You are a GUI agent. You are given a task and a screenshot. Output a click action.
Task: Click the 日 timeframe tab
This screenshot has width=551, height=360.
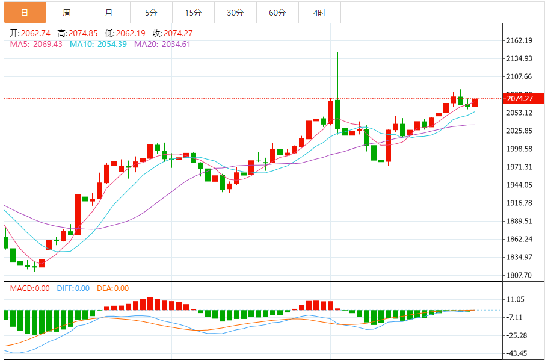tap(24, 12)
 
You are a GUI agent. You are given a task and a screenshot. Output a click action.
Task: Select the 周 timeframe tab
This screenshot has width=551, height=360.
tap(66, 12)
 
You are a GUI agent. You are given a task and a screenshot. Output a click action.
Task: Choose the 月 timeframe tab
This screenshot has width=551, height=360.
tap(108, 12)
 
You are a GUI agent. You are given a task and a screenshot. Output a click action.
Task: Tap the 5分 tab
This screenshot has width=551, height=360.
tap(150, 12)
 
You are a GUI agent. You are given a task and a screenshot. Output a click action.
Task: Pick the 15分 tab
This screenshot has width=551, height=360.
tap(193, 12)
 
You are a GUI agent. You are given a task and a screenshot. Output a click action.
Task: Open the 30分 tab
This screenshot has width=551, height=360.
tap(235, 12)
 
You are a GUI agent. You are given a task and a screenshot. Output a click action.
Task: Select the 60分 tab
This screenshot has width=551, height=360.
tap(277, 12)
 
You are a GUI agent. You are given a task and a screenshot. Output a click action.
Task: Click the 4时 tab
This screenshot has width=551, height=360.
tap(319, 12)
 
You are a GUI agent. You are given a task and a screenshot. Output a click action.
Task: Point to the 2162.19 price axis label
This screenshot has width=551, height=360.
tap(520, 41)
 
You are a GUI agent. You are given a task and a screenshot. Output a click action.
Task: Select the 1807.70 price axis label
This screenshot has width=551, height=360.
tap(520, 275)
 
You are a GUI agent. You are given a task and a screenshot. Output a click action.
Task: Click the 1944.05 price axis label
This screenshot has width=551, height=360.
tap(520, 185)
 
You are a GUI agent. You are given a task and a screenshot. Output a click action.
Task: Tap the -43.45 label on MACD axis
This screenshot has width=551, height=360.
tap(518, 353)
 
